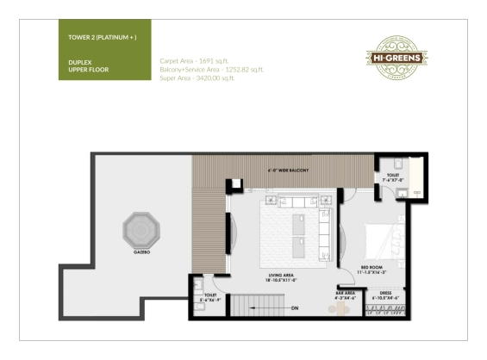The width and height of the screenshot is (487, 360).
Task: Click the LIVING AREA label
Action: pyautogui.click(x=284, y=277)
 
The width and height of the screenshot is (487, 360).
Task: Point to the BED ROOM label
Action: pyautogui.click(x=371, y=268)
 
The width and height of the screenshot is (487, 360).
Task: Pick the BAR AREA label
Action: pyautogui.click(x=346, y=295)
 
